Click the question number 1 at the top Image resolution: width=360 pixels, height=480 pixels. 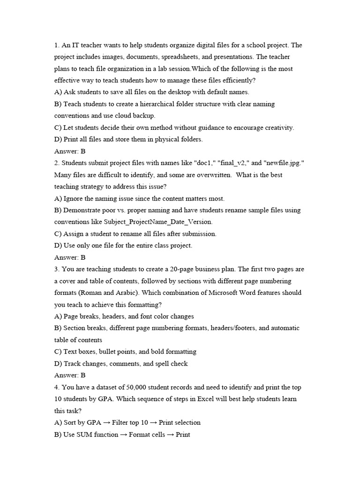click(56, 45)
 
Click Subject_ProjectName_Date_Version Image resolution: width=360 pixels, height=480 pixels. click(157, 222)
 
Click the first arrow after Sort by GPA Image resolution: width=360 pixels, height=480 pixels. click(107, 423)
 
